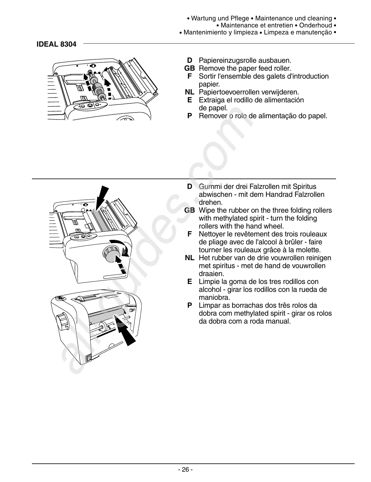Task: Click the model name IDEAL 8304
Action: coord(56,44)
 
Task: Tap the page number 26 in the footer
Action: coord(185,470)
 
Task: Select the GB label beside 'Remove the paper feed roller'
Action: coord(189,68)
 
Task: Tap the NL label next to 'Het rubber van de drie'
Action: coord(189,258)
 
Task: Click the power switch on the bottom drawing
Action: coord(88,358)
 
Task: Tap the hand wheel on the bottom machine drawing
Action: coord(62,321)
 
